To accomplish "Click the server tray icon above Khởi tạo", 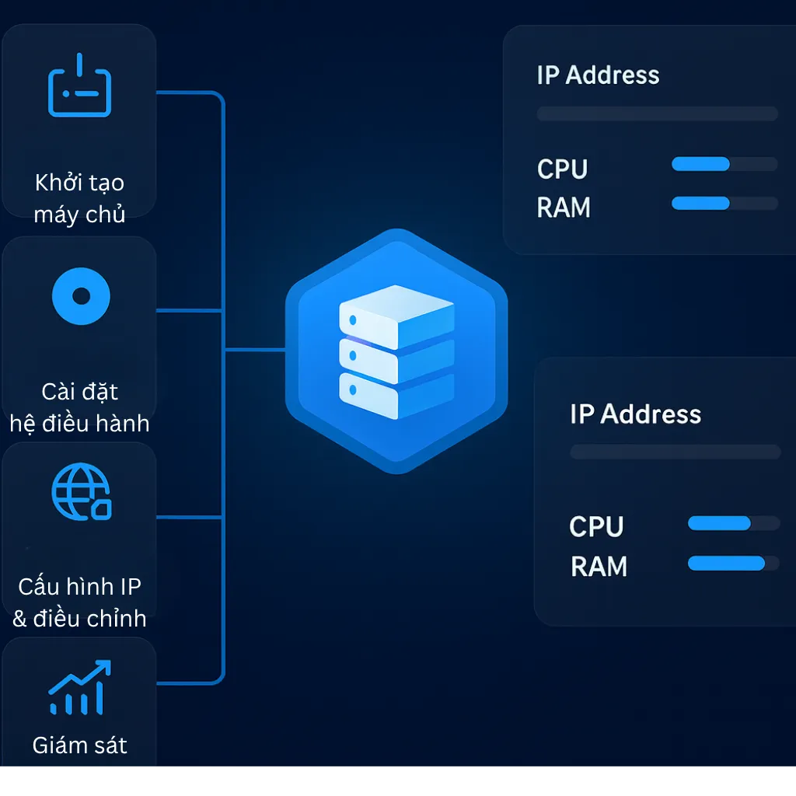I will (x=80, y=86).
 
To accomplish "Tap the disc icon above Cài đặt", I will (x=81, y=295).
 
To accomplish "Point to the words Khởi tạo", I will (x=79, y=183).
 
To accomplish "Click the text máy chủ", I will (x=79, y=214).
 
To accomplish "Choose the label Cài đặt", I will (x=80, y=392).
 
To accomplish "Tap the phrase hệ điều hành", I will (x=79, y=424).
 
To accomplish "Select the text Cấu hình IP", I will (x=79, y=587).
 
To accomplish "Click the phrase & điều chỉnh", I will (x=79, y=619).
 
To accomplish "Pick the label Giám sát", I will (x=79, y=745).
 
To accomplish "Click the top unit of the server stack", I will (x=396, y=315).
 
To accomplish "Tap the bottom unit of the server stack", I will (x=396, y=395).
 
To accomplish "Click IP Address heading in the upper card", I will (x=598, y=75).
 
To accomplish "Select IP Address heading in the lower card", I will (x=635, y=414).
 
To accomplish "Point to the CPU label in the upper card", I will (x=562, y=169).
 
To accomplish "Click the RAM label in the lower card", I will (x=599, y=567).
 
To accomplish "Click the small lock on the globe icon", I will (x=101, y=509).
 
